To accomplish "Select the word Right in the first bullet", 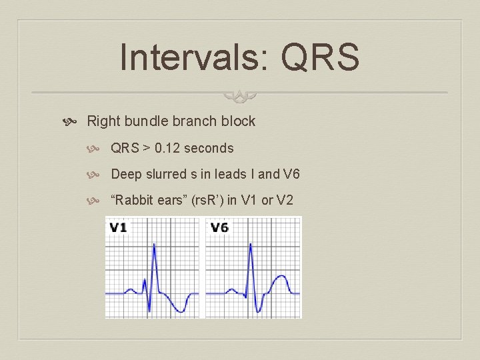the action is [x=102, y=121].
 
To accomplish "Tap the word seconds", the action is [x=209, y=148].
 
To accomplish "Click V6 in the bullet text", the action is [x=292, y=175].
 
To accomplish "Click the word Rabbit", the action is [x=133, y=201].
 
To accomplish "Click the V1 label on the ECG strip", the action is [x=118, y=227].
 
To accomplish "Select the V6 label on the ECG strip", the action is [x=219, y=227].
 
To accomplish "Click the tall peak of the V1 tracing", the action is [x=154, y=245].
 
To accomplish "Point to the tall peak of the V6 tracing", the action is [x=251, y=245].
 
